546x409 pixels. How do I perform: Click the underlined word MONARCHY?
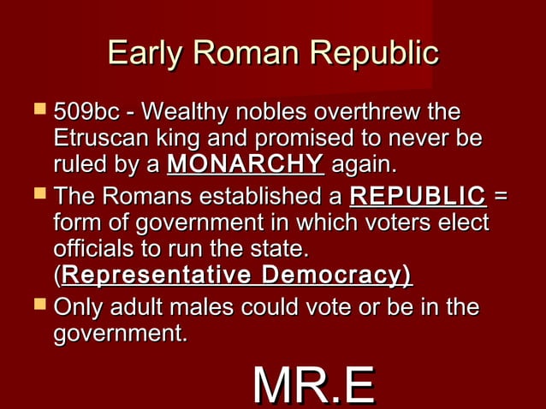[x=246, y=163]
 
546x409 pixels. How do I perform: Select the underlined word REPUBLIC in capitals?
[x=418, y=199]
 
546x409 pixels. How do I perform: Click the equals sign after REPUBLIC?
[x=501, y=199]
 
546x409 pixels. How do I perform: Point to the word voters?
[x=377, y=224]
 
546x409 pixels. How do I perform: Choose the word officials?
[x=92, y=250]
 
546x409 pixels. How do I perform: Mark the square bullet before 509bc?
[x=35, y=112]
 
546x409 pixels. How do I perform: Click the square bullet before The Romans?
[x=35, y=198]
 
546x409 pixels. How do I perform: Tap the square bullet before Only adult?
[x=35, y=305]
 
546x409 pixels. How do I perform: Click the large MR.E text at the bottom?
[x=313, y=386]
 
